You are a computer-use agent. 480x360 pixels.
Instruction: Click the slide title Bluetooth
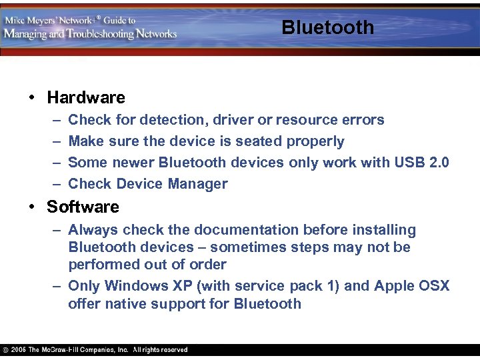[327, 27]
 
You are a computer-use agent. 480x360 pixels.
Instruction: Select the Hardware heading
[86, 98]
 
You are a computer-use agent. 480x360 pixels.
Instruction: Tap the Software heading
[83, 207]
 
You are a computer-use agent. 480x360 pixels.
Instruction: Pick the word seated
[259, 141]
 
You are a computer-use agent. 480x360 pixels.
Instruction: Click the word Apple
[395, 286]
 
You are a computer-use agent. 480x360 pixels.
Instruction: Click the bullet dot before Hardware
[32, 98]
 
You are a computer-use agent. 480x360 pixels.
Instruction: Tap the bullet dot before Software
[32, 207]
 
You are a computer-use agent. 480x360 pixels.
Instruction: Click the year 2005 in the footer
[19, 350]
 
